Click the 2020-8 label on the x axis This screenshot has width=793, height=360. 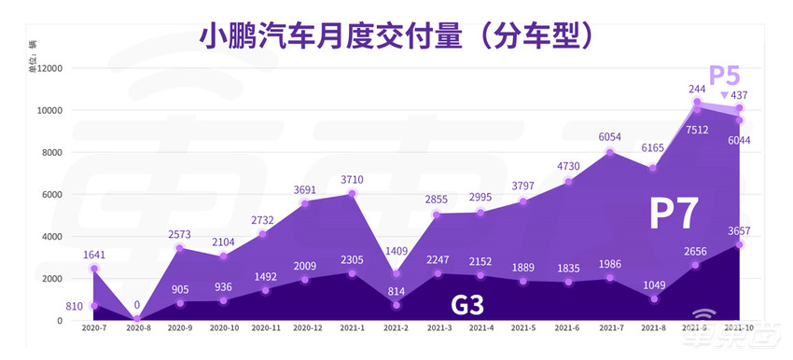click(138, 329)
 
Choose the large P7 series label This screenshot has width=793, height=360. click(674, 214)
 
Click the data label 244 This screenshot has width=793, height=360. click(696, 90)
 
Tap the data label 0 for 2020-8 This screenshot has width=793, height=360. click(136, 303)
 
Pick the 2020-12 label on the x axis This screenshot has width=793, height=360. click(309, 329)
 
